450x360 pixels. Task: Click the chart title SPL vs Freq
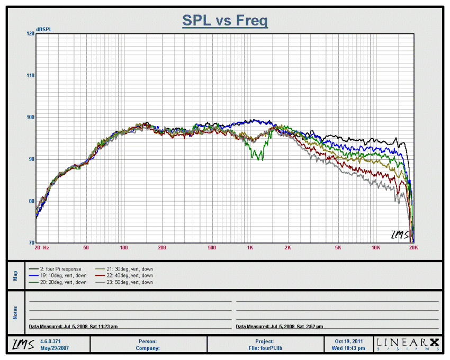[225, 21]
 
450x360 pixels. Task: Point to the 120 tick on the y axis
[30, 33]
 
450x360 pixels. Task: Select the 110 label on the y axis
[30, 75]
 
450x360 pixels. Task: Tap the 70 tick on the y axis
[31, 242]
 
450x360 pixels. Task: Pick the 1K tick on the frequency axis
[250, 247]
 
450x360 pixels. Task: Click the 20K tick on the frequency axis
[413, 247]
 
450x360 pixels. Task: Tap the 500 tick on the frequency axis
[212, 247]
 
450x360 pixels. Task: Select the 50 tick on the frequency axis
[86, 247]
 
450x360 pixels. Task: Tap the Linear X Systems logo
[408, 344]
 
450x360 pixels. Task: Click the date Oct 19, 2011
[349, 341]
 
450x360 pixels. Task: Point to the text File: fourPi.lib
[265, 348]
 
